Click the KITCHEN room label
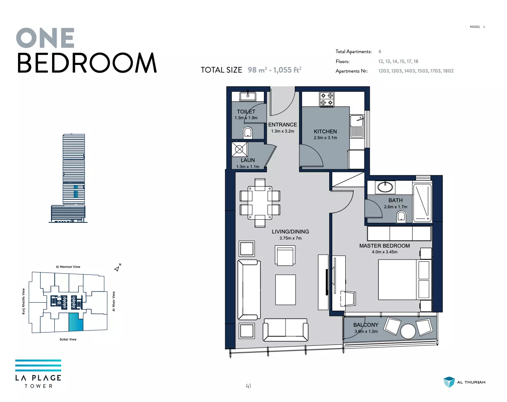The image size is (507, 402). tap(325, 131)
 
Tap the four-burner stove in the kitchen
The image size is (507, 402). tap(327, 99)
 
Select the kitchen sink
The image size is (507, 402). tap(357, 126)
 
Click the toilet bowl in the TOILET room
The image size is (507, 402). tap(248, 132)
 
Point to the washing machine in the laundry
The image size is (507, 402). tap(239, 149)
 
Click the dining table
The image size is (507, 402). tap(260, 203)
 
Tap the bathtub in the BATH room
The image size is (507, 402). tap(422, 203)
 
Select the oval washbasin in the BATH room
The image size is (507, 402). tap(385, 188)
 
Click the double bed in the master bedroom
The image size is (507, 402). tap(405, 280)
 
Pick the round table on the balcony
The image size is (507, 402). tap(408, 331)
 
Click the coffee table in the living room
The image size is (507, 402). tap(286, 290)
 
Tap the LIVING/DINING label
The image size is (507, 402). tap(290, 232)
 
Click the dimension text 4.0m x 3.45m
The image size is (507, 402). tap(385, 252)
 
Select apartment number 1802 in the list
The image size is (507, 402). tap(448, 71)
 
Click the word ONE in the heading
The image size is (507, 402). tap(45, 38)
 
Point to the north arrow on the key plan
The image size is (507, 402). tap(117, 269)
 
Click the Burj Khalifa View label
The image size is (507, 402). tap(23, 301)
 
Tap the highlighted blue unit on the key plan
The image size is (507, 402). tap(76, 322)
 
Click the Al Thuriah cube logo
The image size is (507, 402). tap(449, 382)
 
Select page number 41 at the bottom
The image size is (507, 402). tap(248, 386)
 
